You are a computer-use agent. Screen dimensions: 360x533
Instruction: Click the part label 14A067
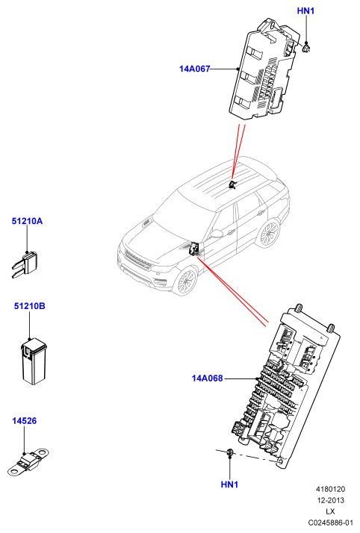pyautogui.click(x=194, y=69)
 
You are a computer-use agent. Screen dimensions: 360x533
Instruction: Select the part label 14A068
pyautogui.click(x=208, y=378)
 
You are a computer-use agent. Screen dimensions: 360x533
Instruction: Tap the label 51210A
pyautogui.click(x=27, y=221)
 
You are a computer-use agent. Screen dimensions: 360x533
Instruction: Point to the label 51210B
pyautogui.click(x=30, y=306)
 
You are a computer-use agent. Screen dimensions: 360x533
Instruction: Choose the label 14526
pyautogui.click(x=24, y=421)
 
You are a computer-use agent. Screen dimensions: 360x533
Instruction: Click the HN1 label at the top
pyautogui.click(x=306, y=11)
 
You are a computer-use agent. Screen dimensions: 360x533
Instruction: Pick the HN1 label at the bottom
pyautogui.click(x=229, y=484)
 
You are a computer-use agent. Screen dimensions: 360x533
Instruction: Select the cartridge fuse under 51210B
pyautogui.click(x=34, y=361)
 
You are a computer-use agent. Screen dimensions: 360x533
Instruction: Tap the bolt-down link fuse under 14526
pyautogui.click(x=28, y=463)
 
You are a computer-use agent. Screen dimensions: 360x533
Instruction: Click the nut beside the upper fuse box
pyautogui.click(x=307, y=48)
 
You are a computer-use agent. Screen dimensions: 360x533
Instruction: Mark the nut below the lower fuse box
pyautogui.click(x=230, y=452)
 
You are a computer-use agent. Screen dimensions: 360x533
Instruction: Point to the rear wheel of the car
pyautogui.click(x=268, y=234)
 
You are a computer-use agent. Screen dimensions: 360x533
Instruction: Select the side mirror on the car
pyautogui.click(x=217, y=234)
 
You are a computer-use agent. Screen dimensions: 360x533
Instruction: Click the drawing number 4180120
pyautogui.click(x=330, y=489)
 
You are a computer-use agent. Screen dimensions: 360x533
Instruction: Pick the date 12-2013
pyautogui.click(x=330, y=500)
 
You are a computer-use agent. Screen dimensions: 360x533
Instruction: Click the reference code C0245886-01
pyautogui.click(x=330, y=523)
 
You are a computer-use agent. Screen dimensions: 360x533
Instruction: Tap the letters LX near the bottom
pyautogui.click(x=330, y=511)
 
